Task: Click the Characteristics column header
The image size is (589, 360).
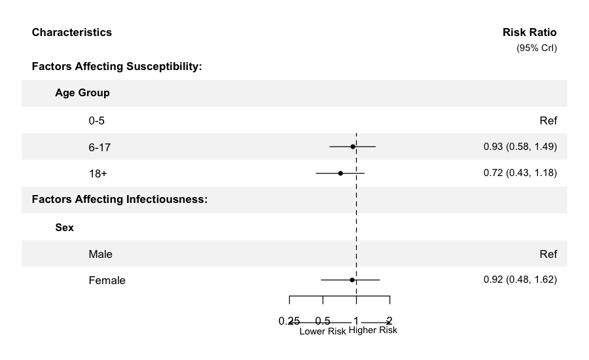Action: click(71, 32)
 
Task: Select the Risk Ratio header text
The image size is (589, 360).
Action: click(529, 32)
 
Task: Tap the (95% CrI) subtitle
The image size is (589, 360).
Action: click(537, 48)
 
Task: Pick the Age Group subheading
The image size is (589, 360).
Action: click(82, 93)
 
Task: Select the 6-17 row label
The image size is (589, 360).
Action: click(99, 147)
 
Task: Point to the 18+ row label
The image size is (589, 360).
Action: click(98, 173)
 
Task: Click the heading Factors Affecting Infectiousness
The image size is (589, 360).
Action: click(119, 199)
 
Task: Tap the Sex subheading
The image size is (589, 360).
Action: click(64, 228)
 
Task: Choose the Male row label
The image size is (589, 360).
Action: click(100, 254)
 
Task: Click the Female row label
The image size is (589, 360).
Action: click(107, 281)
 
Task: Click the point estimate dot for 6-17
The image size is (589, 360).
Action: click(353, 147)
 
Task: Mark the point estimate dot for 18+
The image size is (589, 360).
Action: click(340, 173)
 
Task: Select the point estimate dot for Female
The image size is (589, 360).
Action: click(352, 279)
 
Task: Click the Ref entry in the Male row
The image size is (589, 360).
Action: click(548, 254)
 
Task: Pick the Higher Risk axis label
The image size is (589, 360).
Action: click(373, 331)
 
